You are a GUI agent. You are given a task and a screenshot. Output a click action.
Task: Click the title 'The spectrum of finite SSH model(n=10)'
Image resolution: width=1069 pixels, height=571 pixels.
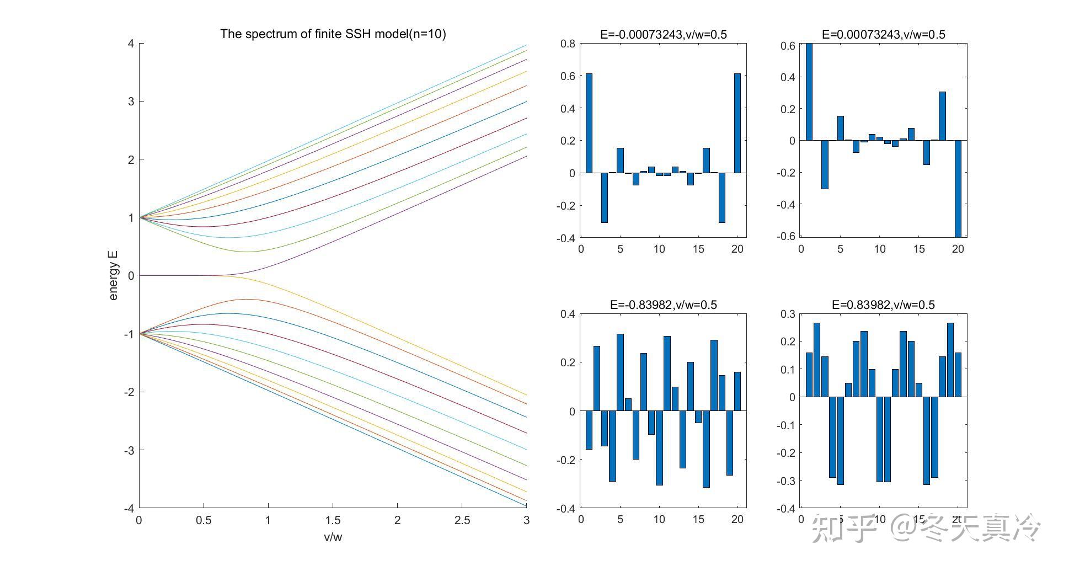pos(333,34)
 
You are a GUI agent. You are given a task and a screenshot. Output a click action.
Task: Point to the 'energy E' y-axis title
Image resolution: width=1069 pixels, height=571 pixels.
pos(113,275)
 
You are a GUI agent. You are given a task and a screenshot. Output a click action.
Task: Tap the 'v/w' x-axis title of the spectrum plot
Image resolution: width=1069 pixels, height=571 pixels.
pos(333,537)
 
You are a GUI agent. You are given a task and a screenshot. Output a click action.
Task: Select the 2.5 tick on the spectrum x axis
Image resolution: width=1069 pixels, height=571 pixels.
pos(462,520)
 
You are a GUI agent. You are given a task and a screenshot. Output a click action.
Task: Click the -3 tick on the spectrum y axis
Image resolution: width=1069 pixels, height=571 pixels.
pos(129,450)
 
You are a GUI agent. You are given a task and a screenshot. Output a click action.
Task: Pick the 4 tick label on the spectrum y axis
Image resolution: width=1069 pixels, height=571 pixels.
pos(131,44)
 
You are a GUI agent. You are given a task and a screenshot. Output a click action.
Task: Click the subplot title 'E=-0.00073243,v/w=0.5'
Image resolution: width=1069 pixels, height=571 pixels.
pos(663,35)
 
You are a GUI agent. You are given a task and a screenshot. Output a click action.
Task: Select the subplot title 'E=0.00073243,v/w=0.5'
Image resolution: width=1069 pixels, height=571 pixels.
pos(883,35)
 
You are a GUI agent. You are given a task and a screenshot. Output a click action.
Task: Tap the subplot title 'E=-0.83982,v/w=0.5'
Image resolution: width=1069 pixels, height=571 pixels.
pos(663,305)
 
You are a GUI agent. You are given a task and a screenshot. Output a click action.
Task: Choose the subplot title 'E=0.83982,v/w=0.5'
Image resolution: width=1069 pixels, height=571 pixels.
pos(883,305)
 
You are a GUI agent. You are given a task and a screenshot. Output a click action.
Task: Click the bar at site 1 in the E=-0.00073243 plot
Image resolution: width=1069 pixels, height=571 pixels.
pos(589,123)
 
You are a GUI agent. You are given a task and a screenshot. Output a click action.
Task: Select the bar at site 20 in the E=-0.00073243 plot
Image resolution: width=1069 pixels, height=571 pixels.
pos(737,123)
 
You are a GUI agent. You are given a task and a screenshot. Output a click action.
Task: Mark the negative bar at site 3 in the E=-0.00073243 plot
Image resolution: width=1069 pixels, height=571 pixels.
pos(604,198)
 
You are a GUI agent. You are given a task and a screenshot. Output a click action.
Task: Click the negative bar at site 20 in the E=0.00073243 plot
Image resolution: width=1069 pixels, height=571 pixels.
pos(958,188)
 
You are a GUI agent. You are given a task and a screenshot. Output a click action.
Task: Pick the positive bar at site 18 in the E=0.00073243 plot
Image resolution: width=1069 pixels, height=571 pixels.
pos(942,116)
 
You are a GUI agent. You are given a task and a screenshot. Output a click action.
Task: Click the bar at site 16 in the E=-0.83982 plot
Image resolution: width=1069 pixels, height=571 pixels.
pos(706,449)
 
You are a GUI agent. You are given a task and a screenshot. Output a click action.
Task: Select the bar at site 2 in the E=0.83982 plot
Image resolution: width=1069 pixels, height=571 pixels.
pos(817,360)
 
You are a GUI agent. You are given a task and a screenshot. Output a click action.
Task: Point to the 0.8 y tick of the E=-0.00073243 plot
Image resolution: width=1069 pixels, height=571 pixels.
pos(568,44)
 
